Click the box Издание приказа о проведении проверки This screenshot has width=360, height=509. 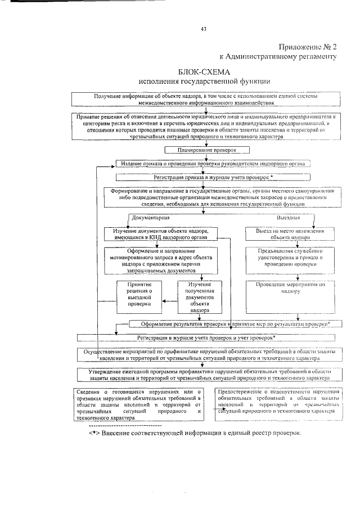tap(213, 164)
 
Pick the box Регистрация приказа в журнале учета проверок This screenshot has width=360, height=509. tap(213, 177)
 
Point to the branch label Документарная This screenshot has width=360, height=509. tap(150, 217)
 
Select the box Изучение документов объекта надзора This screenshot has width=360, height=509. tap(161, 235)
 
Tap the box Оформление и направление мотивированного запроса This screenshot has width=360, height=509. tap(161, 262)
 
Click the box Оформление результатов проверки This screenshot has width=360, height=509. tap(229, 325)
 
